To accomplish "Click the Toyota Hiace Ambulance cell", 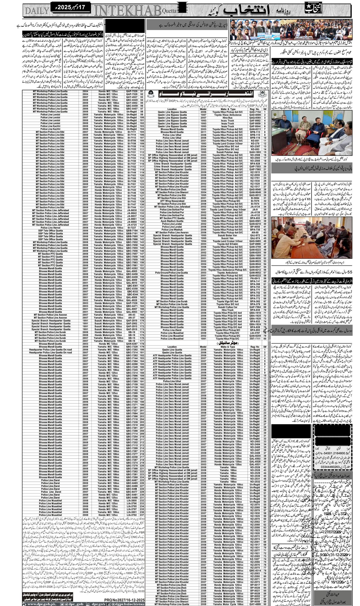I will pos(227,115).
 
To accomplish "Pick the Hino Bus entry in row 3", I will pos(227,118).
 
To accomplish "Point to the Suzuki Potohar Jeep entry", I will pos(227,152).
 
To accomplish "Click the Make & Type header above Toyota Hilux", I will pos(227,109).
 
